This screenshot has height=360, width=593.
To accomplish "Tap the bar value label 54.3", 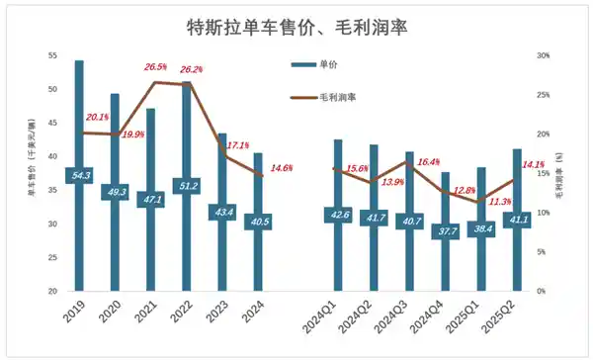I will [79, 175].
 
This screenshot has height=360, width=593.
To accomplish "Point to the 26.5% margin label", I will [156, 67].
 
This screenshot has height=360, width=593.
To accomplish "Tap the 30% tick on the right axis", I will [543, 54].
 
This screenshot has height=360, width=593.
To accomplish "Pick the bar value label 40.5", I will [258, 222].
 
